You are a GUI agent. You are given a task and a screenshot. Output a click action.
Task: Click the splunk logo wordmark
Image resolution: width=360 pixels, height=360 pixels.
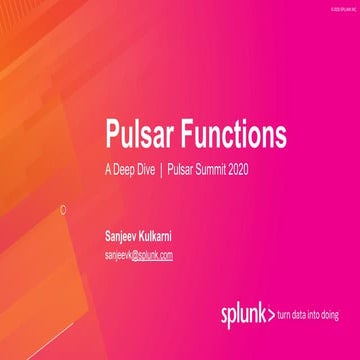click(242, 315)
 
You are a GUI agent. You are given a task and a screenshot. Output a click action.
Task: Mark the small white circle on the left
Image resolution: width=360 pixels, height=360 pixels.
click(63, 209)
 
